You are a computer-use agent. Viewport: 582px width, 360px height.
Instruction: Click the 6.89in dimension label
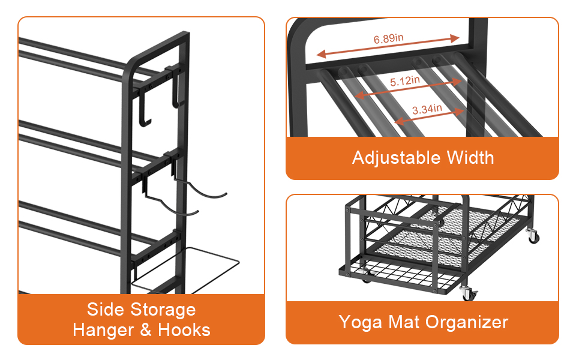click(388, 38)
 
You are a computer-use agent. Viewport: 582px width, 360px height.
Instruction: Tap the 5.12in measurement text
click(405, 81)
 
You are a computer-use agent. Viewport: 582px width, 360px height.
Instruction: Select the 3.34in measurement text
click(427, 109)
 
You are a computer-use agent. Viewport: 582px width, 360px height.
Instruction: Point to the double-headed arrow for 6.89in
click(388, 46)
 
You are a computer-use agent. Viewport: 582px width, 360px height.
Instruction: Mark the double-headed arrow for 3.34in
click(429, 116)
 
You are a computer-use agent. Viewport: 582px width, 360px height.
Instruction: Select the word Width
click(470, 158)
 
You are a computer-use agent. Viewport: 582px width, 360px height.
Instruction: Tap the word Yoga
click(361, 322)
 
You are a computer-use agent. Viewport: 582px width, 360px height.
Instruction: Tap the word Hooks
click(184, 330)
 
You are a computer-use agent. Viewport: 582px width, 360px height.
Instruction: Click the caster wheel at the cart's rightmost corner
click(532, 236)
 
